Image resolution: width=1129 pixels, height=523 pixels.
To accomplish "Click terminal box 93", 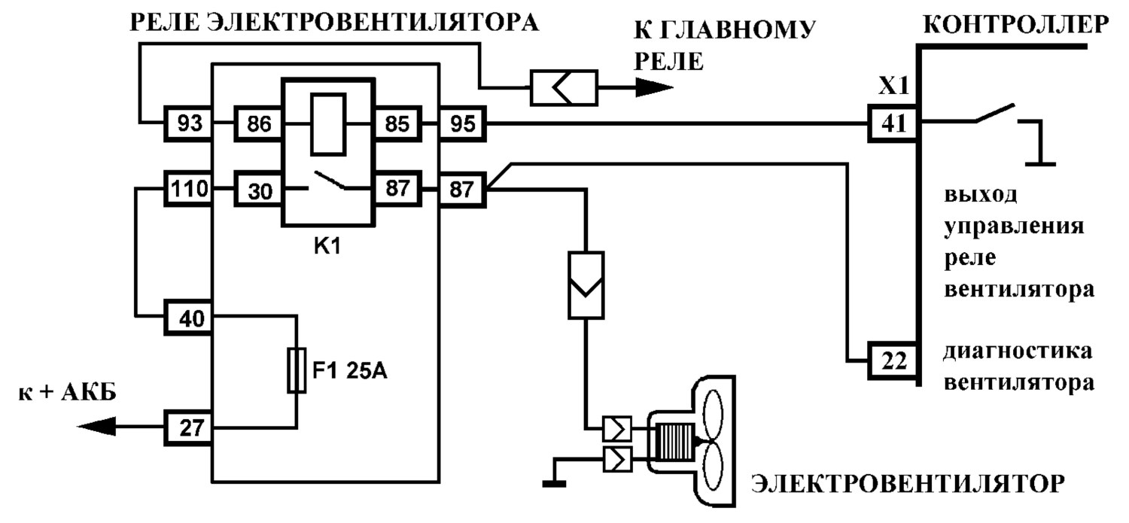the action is [x=188, y=123].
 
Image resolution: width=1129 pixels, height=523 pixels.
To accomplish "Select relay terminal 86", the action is [x=258, y=123].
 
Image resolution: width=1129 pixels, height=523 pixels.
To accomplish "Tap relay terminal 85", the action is [x=397, y=123].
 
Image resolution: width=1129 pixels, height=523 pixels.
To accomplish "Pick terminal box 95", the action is [x=463, y=123].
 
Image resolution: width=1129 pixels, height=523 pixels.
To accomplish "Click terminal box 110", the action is [x=188, y=188].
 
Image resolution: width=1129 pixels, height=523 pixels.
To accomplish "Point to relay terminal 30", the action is [x=258, y=190].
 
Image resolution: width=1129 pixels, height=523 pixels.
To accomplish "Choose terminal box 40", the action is [x=188, y=318].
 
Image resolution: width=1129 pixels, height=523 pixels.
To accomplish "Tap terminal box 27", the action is [x=188, y=427].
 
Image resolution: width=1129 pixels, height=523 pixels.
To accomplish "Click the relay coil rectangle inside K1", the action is [x=328, y=124].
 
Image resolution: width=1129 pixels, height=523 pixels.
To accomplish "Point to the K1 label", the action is [x=327, y=246].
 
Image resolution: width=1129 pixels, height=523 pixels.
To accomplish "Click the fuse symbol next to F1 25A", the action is [x=297, y=369].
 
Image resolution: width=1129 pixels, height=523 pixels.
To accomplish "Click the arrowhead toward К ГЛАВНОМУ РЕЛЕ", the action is [x=654, y=87].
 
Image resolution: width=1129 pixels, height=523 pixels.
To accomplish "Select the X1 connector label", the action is [x=893, y=86].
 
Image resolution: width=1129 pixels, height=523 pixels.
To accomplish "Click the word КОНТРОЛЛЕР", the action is [x=1016, y=23].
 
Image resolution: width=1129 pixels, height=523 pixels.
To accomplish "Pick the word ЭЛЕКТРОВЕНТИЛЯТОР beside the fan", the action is [x=908, y=484].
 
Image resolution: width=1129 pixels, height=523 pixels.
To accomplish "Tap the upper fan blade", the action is [x=713, y=414].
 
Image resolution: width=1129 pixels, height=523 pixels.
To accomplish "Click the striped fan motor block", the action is [x=674, y=442].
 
